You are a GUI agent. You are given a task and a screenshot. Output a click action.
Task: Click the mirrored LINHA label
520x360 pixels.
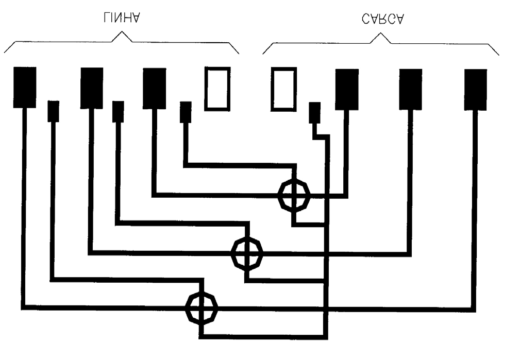pos(122,18)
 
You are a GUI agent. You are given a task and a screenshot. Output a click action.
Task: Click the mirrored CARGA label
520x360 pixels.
pos(383,19)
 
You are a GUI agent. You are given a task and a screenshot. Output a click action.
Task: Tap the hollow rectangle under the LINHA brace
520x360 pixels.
pos(217,89)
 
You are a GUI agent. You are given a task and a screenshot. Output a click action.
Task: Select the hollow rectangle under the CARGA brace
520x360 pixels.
pos(284,89)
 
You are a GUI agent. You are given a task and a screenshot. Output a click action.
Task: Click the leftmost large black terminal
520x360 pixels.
pos(25,88)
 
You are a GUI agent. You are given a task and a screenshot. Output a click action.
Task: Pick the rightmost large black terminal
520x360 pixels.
pos(476,90)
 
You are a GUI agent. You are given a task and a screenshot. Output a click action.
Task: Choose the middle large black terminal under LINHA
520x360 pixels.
pos(92,88)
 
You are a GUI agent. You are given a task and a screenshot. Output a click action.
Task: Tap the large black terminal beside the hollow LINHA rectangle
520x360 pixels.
pos(154,89)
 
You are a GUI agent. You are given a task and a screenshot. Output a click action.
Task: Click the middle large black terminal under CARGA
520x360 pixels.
pos(411,89)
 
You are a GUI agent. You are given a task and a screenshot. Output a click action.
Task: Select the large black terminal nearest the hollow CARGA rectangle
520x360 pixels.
pos(347,89)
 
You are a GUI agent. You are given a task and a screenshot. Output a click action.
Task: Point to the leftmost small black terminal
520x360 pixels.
pos(54,111)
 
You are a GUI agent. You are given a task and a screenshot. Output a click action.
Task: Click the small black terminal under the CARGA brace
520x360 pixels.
pos(315,113)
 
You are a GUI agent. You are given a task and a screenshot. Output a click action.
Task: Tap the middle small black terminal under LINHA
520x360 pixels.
pos(118,112)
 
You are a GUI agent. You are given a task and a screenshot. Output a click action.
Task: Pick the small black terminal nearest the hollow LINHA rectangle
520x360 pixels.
pos(186,112)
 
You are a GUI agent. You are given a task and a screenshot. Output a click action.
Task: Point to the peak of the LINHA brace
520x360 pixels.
pos(122,32)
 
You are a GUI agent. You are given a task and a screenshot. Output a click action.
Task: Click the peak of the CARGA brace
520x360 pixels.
pos(380,33)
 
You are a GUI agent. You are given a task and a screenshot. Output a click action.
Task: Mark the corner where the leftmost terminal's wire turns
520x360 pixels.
pos(23,307)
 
